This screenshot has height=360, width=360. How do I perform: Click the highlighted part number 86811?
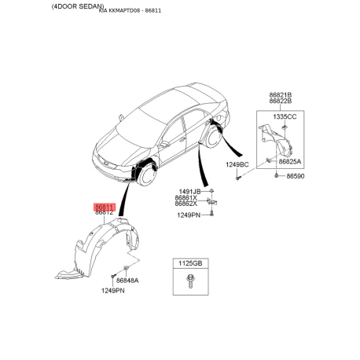(x=105, y=207)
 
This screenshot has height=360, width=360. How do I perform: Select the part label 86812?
(x=104, y=213)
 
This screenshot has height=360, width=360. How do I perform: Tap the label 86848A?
(x=127, y=281)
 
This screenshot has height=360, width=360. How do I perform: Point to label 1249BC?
(x=237, y=164)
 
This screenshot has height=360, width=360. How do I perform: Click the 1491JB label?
(x=189, y=192)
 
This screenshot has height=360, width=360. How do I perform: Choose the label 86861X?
(x=186, y=198)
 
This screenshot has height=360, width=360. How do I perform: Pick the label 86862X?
(x=186, y=204)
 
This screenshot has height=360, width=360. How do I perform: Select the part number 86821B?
(x=281, y=95)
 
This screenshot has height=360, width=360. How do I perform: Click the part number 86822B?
(x=281, y=101)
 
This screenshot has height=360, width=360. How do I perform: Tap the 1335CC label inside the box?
(x=285, y=116)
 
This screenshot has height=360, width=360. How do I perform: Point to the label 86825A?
(x=290, y=161)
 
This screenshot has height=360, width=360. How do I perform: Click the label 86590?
(x=296, y=176)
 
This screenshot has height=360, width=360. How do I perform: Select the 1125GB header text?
(x=190, y=263)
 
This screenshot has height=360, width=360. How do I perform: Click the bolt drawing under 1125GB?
(x=189, y=281)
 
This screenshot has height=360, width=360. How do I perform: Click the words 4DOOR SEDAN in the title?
(x=78, y=6)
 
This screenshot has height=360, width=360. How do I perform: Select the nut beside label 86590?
(x=276, y=175)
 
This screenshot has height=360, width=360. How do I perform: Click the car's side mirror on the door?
(x=164, y=144)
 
